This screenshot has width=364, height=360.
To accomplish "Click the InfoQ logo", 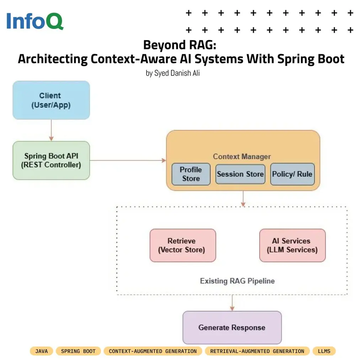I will (35, 21).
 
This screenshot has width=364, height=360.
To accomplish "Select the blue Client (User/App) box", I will (51, 100).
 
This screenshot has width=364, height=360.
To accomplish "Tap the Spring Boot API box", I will (51, 160).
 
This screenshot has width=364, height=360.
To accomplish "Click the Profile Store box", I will (191, 174).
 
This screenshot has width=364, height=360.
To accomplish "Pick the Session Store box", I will (240, 174).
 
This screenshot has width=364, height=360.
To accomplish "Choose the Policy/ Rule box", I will (292, 174).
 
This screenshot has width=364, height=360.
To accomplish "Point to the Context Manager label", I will (242, 156).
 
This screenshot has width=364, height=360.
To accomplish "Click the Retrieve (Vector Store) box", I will (183, 245).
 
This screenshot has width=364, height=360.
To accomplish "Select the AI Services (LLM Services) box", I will (292, 245).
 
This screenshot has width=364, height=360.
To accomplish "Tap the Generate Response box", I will (232, 327).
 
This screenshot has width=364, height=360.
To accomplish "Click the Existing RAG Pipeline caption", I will (237, 281).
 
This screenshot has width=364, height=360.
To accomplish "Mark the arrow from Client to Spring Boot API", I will (51, 130).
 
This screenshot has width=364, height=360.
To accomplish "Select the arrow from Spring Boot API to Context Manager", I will (128, 160).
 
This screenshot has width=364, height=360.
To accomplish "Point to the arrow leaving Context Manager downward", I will (243, 199).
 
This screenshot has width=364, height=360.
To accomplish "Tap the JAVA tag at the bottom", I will (42, 351).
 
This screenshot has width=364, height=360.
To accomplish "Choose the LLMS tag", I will (324, 351).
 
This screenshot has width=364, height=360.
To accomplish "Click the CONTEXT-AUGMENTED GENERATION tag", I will (152, 351).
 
